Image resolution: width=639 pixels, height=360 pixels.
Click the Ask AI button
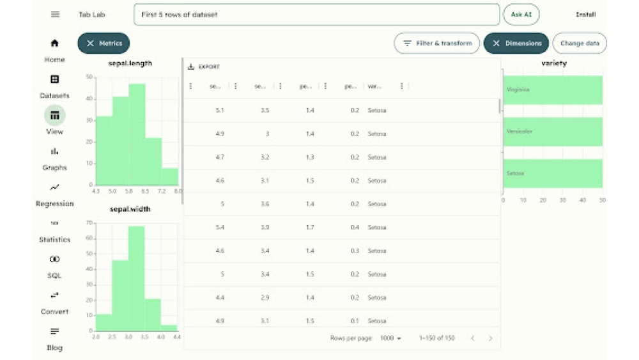(x=521, y=15)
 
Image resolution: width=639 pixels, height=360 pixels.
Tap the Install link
(x=585, y=15)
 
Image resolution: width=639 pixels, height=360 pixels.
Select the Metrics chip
(x=104, y=43)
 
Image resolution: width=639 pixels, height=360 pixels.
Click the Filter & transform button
(x=437, y=43)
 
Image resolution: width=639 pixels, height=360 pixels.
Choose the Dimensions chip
(x=516, y=43)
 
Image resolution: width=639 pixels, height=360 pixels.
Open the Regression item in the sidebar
(x=55, y=194)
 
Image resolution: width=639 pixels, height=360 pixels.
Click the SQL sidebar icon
(x=54, y=260)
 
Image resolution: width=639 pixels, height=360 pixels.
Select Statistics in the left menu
(x=54, y=231)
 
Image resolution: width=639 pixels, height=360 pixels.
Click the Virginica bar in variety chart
(x=553, y=90)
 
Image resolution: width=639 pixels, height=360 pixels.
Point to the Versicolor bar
(x=553, y=132)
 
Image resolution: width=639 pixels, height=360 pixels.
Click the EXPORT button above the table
(x=204, y=67)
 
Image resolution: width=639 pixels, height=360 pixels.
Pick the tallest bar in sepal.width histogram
(x=136, y=278)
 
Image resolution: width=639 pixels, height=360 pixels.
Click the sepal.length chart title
(x=130, y=63)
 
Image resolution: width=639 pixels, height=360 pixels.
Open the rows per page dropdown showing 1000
(x=390, y=338)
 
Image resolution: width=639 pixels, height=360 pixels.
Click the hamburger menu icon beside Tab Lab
(x=55, y=15)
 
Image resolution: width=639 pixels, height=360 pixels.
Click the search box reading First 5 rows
(x=316, y=15)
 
